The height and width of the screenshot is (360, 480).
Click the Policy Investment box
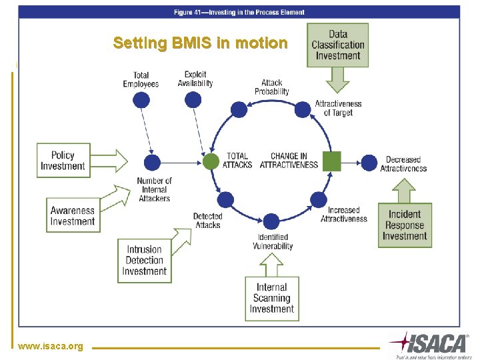(x=63, y=161)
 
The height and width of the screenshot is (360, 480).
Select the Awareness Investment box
(x=73, y=215)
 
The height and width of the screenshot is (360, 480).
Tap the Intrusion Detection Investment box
(x=144, y=260)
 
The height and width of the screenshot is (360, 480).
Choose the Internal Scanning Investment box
(x=271, y=298)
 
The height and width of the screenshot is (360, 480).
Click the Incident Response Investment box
(x=405, y=225)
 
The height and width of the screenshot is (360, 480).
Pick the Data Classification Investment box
(x=338, y=45)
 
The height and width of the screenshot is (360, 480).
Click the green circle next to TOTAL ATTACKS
(x=211, y=161)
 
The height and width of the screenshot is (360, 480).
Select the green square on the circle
(x=331, y=161)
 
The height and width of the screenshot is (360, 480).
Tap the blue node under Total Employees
(x=141, y=100)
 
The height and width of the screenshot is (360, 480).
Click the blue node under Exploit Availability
(x=193, y=100)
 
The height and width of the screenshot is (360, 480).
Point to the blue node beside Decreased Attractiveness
(x=369, y=161)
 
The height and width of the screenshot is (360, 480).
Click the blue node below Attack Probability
(x=238, y=109)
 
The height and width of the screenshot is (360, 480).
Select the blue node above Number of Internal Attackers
(x=153, y=162)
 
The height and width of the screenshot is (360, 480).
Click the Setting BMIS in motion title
(x=200, y=43)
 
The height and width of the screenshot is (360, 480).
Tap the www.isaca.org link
(x=51, y=346)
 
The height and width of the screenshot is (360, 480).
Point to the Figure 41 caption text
(x=239, y=12)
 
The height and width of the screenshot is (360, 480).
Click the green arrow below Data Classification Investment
(x=339, y=80)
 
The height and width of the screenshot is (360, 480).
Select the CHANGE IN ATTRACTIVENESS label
(x=289, y=161)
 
